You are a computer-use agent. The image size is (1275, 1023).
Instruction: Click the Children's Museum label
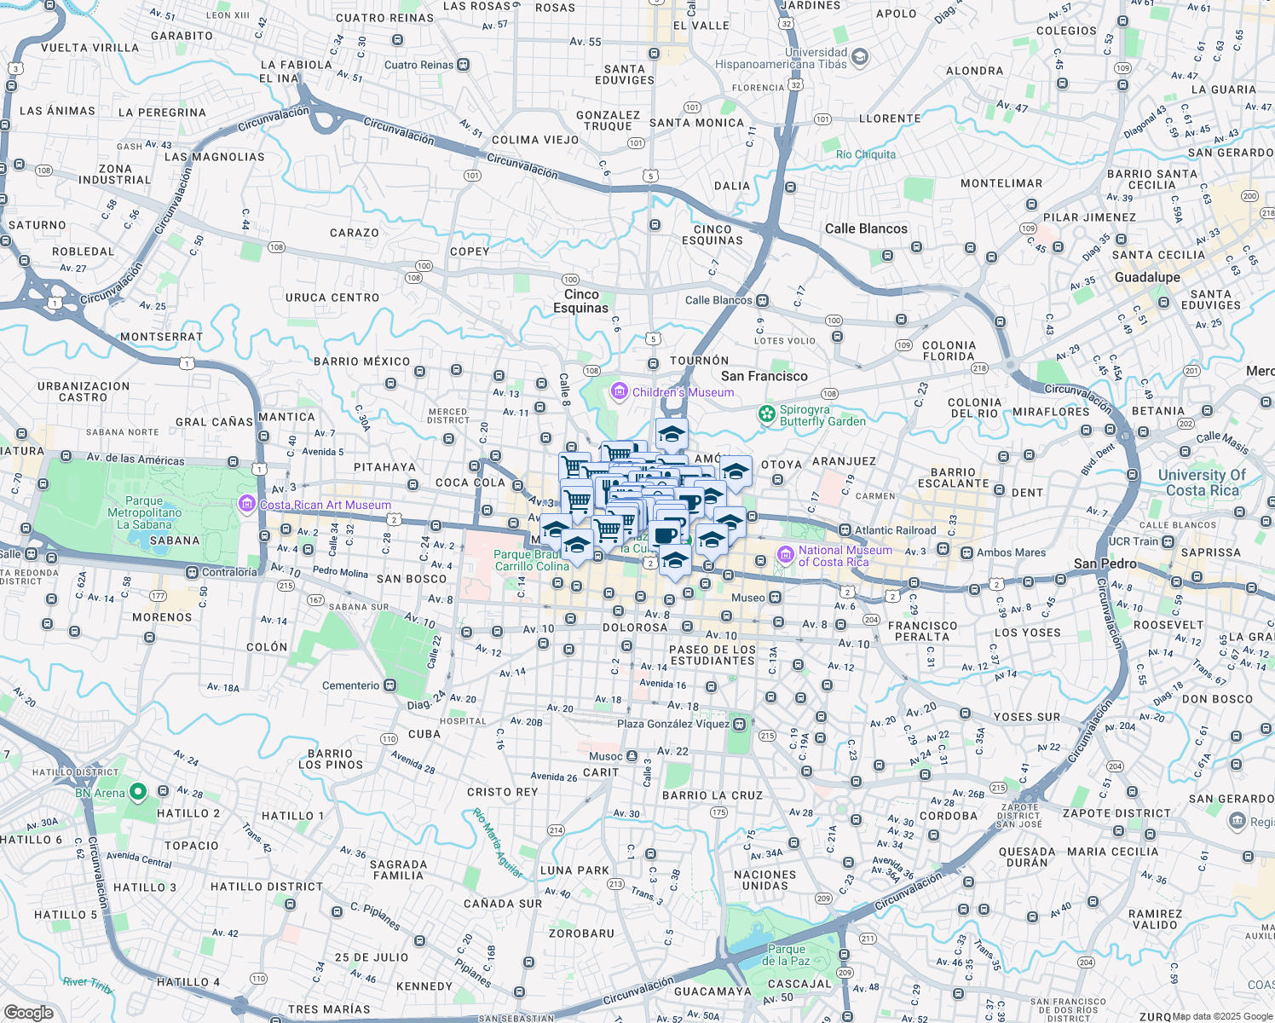point(683,392)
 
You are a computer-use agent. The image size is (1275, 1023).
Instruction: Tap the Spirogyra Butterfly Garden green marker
point(767,414)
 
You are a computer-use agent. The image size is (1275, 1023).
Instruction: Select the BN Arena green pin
point(137,793)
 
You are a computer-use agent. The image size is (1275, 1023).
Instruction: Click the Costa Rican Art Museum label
point(325,505)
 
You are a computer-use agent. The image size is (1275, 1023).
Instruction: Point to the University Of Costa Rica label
point(1202,483)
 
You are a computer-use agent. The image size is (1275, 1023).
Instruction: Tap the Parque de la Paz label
point(786,955)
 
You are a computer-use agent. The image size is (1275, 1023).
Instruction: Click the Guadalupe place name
point(1147,277)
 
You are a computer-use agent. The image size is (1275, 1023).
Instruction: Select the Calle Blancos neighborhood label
point(866,228)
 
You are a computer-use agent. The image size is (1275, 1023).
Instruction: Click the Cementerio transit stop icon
point(390,685)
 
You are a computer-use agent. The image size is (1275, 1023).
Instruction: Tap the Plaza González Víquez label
point(673,724)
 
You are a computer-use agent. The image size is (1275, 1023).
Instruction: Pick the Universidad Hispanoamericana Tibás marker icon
point(860,57)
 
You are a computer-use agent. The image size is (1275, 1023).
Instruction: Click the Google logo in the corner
point(29,1012)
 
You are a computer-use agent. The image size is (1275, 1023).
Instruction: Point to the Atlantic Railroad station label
point(895,530)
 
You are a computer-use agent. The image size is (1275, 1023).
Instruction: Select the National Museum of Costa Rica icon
point(785,556)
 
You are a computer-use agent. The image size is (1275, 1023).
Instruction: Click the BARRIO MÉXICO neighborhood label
point(361,361)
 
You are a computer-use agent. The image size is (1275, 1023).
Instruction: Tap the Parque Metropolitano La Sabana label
point(144,512)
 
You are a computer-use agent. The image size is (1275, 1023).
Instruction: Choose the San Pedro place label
point(1105,564)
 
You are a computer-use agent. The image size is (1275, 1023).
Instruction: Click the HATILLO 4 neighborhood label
point(187,982)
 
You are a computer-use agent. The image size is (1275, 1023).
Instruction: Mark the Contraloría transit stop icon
point(193,572)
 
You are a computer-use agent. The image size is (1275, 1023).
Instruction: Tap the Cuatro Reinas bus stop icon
point(463,65)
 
